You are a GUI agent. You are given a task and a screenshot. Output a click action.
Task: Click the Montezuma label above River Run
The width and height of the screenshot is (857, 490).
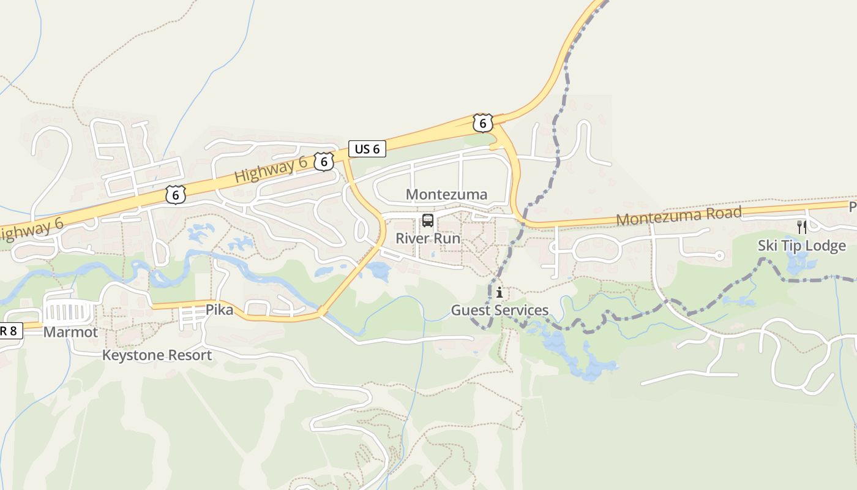(446, 195)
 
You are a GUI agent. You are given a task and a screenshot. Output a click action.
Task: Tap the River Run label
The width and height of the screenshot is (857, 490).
(428, 238)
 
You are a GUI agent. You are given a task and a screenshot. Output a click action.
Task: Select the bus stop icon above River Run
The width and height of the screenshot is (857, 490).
(428, 221)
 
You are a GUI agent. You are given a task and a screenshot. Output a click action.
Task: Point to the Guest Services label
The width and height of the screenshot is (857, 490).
(500, 311)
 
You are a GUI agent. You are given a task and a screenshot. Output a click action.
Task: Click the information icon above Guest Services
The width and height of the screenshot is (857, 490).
(500, 292)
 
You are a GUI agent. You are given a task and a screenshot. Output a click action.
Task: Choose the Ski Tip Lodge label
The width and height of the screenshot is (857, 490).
(801, 246)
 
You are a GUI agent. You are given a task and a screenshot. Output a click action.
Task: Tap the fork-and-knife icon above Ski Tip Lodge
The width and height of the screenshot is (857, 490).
(802, 227)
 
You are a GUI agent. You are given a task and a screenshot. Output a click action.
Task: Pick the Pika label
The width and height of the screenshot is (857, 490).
(219, 310)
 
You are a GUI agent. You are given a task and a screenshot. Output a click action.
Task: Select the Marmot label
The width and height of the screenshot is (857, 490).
(70, 332)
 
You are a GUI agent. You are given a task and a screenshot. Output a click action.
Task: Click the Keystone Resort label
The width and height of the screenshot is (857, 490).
(157, 355)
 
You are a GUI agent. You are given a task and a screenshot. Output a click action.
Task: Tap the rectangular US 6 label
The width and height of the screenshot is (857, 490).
(367, 149)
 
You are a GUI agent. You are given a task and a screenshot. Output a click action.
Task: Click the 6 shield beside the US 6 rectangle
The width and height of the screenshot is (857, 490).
(324, 161)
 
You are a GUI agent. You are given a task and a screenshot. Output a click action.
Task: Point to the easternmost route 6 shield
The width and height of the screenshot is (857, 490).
(482, 123)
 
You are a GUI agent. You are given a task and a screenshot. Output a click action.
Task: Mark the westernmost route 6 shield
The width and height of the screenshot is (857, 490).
(175, 195)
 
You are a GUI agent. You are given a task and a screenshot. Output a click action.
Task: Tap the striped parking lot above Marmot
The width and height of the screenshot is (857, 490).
(69, 312)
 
